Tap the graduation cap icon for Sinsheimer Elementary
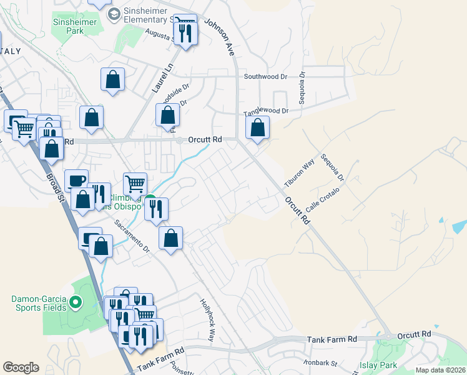114,14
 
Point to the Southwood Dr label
265,77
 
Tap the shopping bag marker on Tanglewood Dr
257,129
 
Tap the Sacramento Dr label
132,235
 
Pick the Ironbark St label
321,362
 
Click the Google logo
21,367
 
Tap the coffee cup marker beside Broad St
76,181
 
